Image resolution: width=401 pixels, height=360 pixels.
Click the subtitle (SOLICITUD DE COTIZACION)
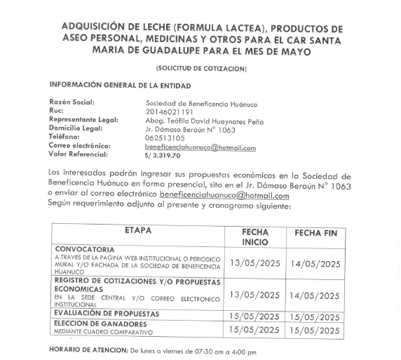(201, 68)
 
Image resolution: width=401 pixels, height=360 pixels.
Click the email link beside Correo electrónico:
(200, 147)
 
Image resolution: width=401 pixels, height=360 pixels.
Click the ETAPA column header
(138, 231)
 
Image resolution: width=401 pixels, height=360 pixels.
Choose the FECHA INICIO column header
(254, 236)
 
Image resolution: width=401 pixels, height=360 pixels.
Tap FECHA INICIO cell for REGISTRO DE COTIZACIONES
(254, 295)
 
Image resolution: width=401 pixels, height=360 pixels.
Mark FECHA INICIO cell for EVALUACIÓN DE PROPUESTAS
(254, 316)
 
